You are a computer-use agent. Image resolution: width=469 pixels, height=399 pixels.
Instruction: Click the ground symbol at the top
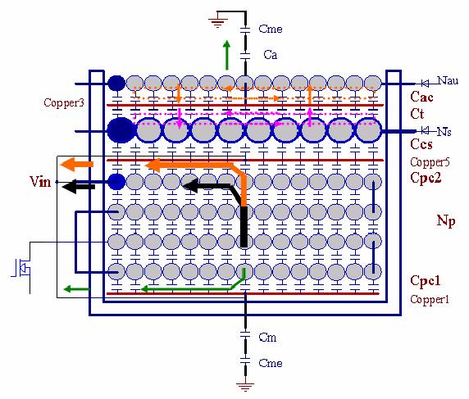tap(217, 23)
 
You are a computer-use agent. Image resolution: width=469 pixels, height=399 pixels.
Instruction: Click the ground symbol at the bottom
tap(245, 387)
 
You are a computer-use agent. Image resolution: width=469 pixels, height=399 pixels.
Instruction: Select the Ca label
tap(270, 55)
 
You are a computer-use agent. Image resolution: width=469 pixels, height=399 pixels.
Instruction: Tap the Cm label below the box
tap(267, 338)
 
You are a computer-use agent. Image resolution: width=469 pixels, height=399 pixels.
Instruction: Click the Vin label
tap(40, 181)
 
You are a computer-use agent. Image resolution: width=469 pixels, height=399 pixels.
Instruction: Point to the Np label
tap(446, 221)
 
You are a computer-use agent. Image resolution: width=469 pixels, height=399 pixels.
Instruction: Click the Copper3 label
tap(64, 102)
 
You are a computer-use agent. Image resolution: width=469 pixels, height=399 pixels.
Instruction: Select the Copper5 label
tap(430, 162)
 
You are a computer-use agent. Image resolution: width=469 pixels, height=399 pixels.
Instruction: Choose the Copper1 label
tap(430, 299)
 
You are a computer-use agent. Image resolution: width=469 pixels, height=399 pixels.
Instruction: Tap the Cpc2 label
tap(426, 177)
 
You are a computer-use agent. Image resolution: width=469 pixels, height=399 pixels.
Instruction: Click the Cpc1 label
tap(425, 281)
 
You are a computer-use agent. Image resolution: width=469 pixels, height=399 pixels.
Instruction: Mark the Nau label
tap(448, 80)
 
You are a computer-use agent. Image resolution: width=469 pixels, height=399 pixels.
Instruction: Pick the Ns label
tap(444, 132)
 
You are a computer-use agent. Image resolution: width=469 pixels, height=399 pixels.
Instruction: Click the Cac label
tap(421, 97)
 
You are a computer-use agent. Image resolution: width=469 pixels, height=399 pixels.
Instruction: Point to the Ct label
tap(417, 114)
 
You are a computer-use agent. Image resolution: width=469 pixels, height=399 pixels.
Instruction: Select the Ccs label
tap(421, 144)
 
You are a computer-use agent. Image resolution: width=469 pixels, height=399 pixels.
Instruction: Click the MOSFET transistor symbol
tap(21, 268)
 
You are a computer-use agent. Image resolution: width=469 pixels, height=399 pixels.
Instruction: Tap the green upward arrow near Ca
tap(227, 55)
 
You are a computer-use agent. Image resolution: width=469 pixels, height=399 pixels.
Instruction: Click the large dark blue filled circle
tap(121, 130)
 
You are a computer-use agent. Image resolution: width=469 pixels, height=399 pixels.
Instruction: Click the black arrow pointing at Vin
tap(78, 187)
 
